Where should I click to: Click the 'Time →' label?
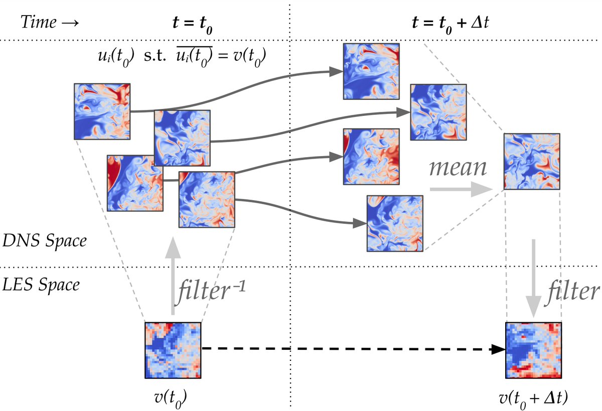pos(50,22)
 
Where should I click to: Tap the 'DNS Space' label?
pos(45,240)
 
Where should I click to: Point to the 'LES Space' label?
pos(41,285)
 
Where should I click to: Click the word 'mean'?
pos(458,168)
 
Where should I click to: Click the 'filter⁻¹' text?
pos(211,292)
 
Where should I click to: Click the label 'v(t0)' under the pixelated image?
pos(171,398)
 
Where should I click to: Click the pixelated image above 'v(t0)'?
pos(173,350)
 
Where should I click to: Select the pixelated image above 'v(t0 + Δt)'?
pos(533,350)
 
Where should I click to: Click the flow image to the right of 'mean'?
pos(532,161)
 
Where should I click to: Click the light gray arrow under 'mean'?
pos(461,189)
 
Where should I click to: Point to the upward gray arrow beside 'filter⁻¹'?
pos(173,276)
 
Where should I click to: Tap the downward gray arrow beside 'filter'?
pos(533,279)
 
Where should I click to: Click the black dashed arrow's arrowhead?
pos(499,349)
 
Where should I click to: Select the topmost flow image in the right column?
pos(371,71)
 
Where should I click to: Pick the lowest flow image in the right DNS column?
pos(395,223)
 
